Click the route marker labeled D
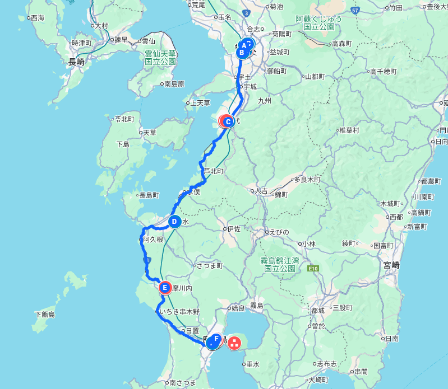174,222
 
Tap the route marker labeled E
165,288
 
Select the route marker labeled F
216,339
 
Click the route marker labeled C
228,121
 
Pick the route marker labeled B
242,53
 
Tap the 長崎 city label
76,62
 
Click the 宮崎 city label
391,264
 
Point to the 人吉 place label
261,191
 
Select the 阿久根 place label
153,240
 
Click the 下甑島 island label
44,315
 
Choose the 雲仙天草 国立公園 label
160,58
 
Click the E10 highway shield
313,269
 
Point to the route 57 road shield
355,10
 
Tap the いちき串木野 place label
179,311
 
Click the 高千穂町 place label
383,72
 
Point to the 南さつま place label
183,383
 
